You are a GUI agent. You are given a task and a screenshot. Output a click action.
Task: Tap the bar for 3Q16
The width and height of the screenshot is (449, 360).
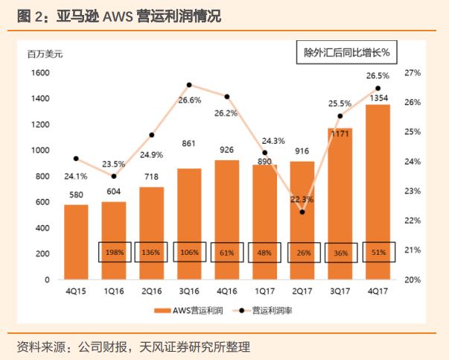pos(189,224)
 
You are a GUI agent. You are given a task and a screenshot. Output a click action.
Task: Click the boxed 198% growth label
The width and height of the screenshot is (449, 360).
pos(114,252)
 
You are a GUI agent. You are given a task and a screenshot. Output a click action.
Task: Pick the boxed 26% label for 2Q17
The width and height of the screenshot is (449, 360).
pos(302,252)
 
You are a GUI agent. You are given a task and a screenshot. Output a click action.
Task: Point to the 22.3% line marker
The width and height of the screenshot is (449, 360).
pos(302,212)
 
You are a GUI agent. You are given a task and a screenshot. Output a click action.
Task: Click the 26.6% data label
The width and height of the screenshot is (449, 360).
pos(190,100)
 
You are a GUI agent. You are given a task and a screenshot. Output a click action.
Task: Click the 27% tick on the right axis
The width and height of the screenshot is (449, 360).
pos(413,73)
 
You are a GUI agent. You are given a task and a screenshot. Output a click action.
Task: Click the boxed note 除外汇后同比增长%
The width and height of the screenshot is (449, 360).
pos(347,53)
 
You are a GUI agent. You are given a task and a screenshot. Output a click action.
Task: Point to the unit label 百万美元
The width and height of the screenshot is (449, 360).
pos(45,54)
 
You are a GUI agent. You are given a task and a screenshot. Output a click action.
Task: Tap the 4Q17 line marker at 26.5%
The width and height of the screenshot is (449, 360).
pos(377,89)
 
